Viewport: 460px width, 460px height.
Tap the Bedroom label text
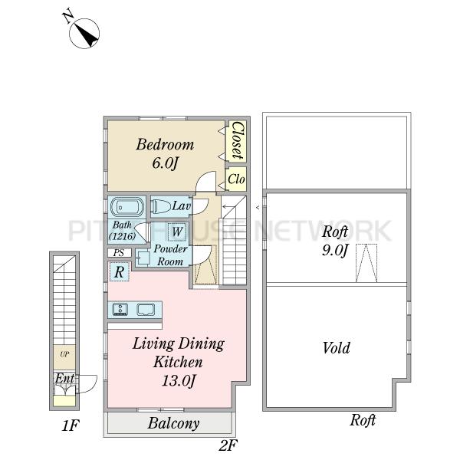[x=165, y=144]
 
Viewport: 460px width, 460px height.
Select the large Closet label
[x=238, y=140]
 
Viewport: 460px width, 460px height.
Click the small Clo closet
[x=236, y=179]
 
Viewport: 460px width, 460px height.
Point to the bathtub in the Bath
[x=127, y=207]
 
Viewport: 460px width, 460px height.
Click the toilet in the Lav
[x=161, y=206]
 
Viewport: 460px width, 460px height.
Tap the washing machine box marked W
[x=176, y=232]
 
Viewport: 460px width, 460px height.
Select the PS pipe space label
[x=119, y=252]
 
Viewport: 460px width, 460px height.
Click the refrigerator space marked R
[x=119, y=271]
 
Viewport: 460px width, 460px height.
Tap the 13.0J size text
[x=179, y=381]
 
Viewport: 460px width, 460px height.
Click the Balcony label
[x=174, y=423]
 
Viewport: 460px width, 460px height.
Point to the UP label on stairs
[x=64, y=354]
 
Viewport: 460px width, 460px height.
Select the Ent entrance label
[x=64, y=378]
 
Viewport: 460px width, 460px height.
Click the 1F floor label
[x=70, y=426]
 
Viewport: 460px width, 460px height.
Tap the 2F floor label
[x=228, y=445]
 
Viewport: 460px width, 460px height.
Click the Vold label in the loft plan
[x=337, y=348]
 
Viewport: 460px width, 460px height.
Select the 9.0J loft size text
[x=335, y=250]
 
